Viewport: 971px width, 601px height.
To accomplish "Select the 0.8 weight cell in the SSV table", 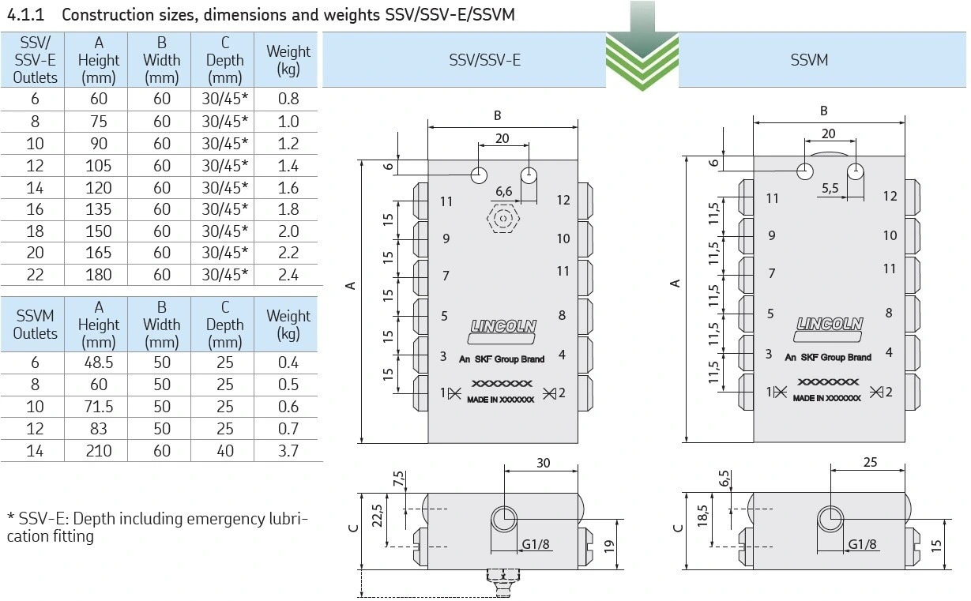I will [x=288, y=100].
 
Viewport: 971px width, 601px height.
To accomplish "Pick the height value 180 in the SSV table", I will [x=99, y=275].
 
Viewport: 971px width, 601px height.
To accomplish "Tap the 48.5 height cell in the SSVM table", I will [x=99, y=363].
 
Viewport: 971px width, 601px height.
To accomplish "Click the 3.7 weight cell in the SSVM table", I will [x=288, y=451].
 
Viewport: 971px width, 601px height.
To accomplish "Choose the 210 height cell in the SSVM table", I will [x=99, y=451].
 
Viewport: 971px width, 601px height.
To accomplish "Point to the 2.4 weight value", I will [x=288, y=275].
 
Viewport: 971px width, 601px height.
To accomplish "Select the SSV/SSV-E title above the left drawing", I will [x=484, y=60].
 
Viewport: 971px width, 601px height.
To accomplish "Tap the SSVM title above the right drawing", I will [x=809, y=60].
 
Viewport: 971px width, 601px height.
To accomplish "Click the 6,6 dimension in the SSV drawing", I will [x=503, y=192].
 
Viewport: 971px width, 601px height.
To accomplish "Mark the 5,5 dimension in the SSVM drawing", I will [x=830, y=188].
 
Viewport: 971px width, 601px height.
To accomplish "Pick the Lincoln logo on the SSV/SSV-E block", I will [x=502, y=325].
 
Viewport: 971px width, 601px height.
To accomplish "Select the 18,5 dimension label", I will [x=702, y=519].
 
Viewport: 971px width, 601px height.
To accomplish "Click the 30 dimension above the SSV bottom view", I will [x=543, y=463].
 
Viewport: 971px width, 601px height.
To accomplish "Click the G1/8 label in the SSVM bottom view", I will [x=862, y=544].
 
